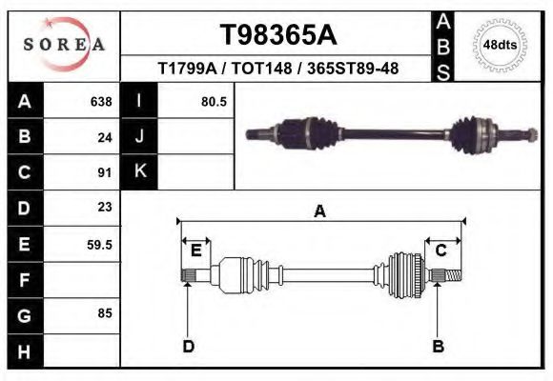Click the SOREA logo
pyautogui.click(x=63, y=45)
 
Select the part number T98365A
pyautogui.click(x=278, y=35)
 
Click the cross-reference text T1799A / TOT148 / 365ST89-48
pyautogui.click(x=278, y=69)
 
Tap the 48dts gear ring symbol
pyautogui.click(x=501, y=45)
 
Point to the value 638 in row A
pyautogui.click(x=100, y=101)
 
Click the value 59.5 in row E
pyautogui.click(x=100, y=244)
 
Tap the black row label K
pyautogui.click(x=139, y=172)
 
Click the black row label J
pyautogui.click(x=139, y=136)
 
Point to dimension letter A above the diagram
pyautogui.click(x=320, y=211)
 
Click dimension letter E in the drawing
pyautogui.click(x=195, y=251)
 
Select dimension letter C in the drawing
pyautogui.click(x=441, y=250)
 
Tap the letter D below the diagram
pyautogui.click(x=188, y=346)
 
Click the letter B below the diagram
pyautogui.click(x=439, y=346)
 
